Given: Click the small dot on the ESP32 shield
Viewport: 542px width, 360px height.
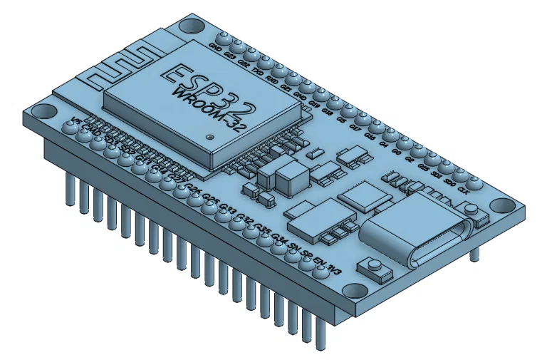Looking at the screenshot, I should pyautogui.click(x=209, y=135).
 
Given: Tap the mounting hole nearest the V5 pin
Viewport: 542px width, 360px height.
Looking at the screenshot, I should pyautogui.click(x=41, y=113).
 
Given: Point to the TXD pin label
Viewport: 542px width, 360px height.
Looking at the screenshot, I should pyautogui.click(x=259, y=72).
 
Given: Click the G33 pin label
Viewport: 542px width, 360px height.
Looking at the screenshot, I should pyautogui.click(x=227, y=209).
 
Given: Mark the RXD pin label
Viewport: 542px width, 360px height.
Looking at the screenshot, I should pyautogui.click(x=272, y=80).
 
